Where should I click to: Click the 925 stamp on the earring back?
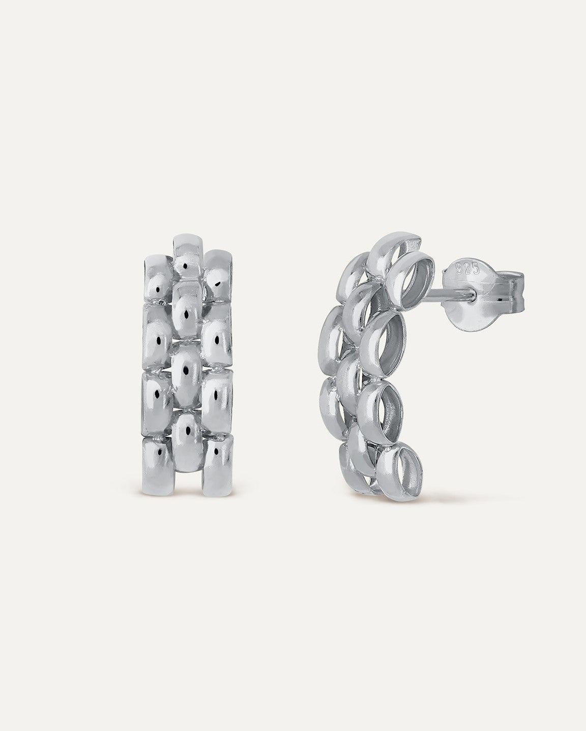point(468,269)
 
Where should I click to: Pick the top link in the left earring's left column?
point(159,278)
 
